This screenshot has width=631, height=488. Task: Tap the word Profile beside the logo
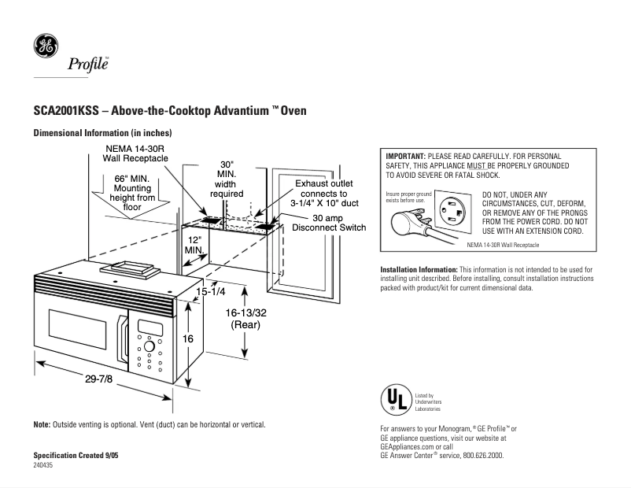(87, 64)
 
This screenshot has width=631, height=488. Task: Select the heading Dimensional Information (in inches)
(102, 134)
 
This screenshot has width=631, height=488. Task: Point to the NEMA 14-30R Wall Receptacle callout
(137, 153)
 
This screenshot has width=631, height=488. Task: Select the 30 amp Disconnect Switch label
(328, 223)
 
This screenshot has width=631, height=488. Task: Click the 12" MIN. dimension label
(194, 244)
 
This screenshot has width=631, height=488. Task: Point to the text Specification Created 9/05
(76, 456)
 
